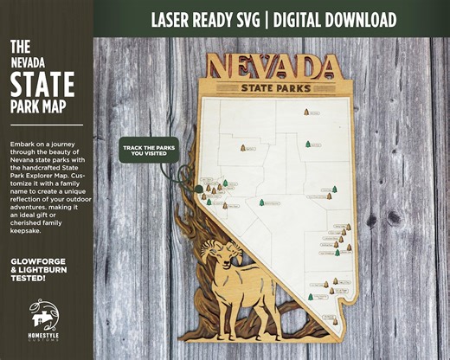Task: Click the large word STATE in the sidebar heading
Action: point(42,85)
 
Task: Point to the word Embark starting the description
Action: point(23,141)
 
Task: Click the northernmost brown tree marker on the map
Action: point(306,112)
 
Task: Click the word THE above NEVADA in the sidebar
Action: point(22,45)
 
